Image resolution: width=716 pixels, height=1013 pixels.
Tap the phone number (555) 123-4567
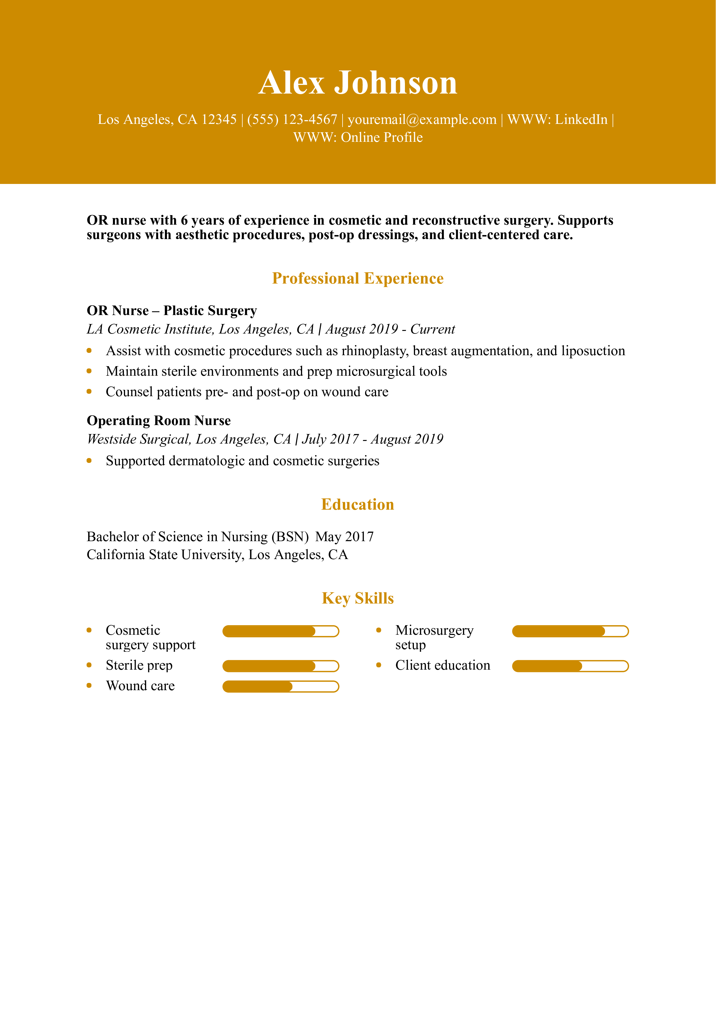tap(292, 120)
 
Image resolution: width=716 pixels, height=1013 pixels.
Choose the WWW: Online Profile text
tap(358, 138)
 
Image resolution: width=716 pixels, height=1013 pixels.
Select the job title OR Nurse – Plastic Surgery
tap(172, 311)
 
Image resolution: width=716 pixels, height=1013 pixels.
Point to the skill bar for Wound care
tap(280, 686)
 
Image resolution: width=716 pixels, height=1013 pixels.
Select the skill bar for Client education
tap(570, 666)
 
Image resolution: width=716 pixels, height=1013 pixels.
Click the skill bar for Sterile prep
tap(280, 666)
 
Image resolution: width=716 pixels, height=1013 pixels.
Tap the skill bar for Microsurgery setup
tap(570, 631)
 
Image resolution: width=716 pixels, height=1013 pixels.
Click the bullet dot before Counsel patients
tap(89, 391)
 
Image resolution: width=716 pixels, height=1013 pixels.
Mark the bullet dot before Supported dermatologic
tap(89, 461)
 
